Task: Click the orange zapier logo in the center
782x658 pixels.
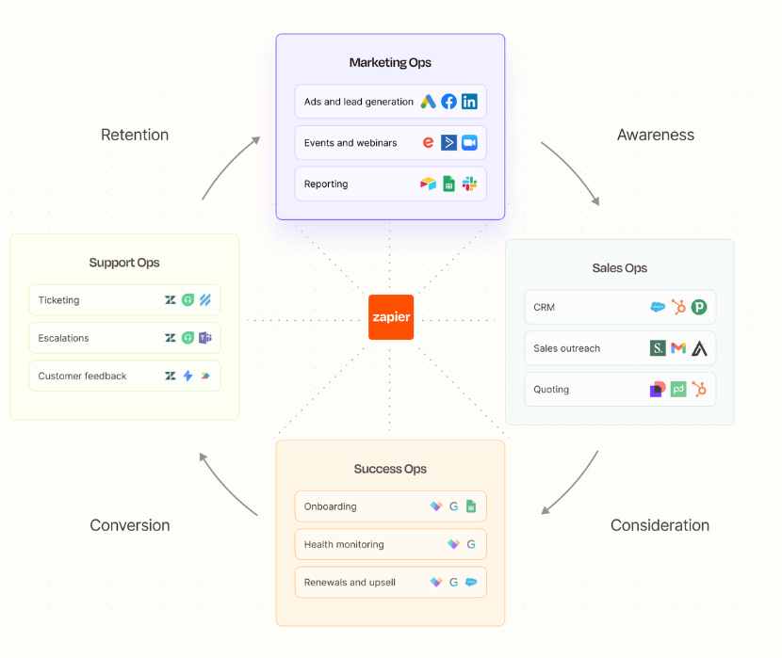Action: pyautogui.click(x=390, y=317)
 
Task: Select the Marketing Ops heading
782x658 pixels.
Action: pyautogui.click(x=390, y=63)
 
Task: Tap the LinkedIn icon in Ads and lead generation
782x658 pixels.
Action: pyautogui.click(x=469, y=102)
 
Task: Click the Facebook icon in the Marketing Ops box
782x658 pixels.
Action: pyautogui.click(x=448, y=102)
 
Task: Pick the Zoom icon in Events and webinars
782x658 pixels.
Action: pyautogui.click(x=469, y=143)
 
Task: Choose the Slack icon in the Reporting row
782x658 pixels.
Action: pyautogui.click(x=469, y=185)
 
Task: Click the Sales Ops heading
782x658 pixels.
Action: pyautogui.click(x=619, y=268)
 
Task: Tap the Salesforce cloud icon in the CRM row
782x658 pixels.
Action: pyautogui.click(x=658, y=307)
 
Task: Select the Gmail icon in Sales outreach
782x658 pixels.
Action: pyautogui.click(x=678, y=348)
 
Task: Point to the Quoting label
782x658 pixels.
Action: pyautogui.click(x=551, y=390)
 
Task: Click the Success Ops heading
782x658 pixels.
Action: pyautogui.click(x=390, y=469)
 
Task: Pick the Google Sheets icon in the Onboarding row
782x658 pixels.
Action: pyautogui.click(x=471, y=506)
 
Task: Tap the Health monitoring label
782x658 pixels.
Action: pyautogui.click(x=344, y=544)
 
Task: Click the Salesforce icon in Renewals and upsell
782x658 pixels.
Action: pyautogui.click(x=471, y=583)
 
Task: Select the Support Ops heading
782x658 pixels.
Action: pyautogui.click(x=124, y=263)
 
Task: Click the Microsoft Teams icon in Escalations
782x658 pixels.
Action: pyautogui.click(x=204, y=338)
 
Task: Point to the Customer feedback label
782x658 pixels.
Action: pyautogui.click(x=82, y=376)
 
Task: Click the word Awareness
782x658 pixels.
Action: pyautogui.click(x=655, y=135)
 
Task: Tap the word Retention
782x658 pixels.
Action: pyautogui.click(x=135, y=135)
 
